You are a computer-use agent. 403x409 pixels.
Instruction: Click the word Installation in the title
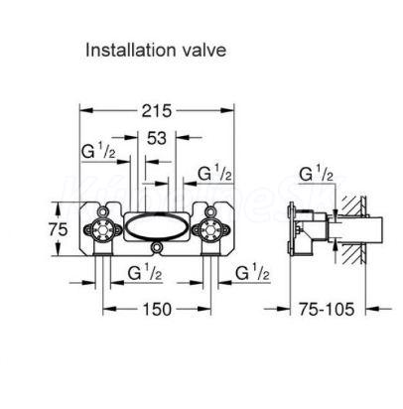click(x=130, y=51)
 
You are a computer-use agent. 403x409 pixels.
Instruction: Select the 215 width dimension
click(x=157, y=111)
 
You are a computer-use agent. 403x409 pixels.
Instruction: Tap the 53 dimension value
click(x=157, y=138)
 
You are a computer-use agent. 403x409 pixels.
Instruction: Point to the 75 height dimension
click(x=58, y=229)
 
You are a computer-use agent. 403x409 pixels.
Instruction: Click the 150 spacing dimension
click(x=157, y=310)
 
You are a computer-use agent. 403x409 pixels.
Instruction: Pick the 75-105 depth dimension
click(x=327, y=310)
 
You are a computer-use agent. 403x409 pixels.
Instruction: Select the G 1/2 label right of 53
click(x=215, y=173)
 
